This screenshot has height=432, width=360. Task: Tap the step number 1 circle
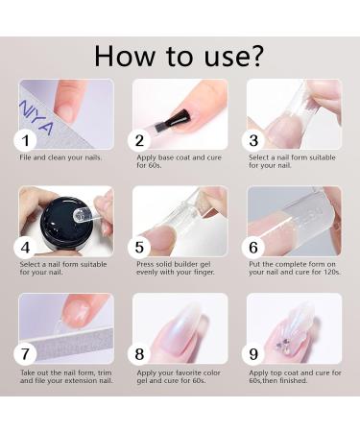tap(30, 140)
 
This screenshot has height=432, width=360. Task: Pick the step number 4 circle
tap(30, 248)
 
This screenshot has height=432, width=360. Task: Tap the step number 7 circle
tap(30, 353)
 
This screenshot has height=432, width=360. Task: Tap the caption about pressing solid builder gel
tap(180, 269)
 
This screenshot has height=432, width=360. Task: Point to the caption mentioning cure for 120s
tap(293, 269)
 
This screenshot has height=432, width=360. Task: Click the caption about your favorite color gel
tap(179, 375)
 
